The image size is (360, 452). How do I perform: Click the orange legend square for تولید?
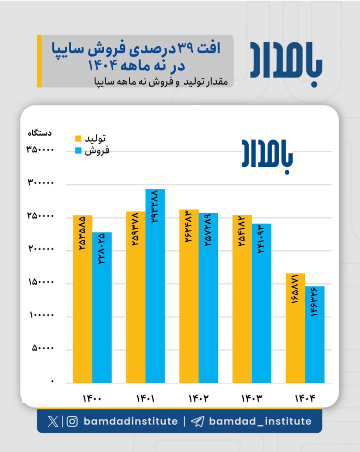pos(78,139)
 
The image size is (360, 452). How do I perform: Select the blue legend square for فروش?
pos(78,151)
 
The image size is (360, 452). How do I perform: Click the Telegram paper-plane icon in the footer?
pos(197,422)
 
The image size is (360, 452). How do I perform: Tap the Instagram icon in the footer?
pos(72,422)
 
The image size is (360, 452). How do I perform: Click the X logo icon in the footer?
pos(53,422)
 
